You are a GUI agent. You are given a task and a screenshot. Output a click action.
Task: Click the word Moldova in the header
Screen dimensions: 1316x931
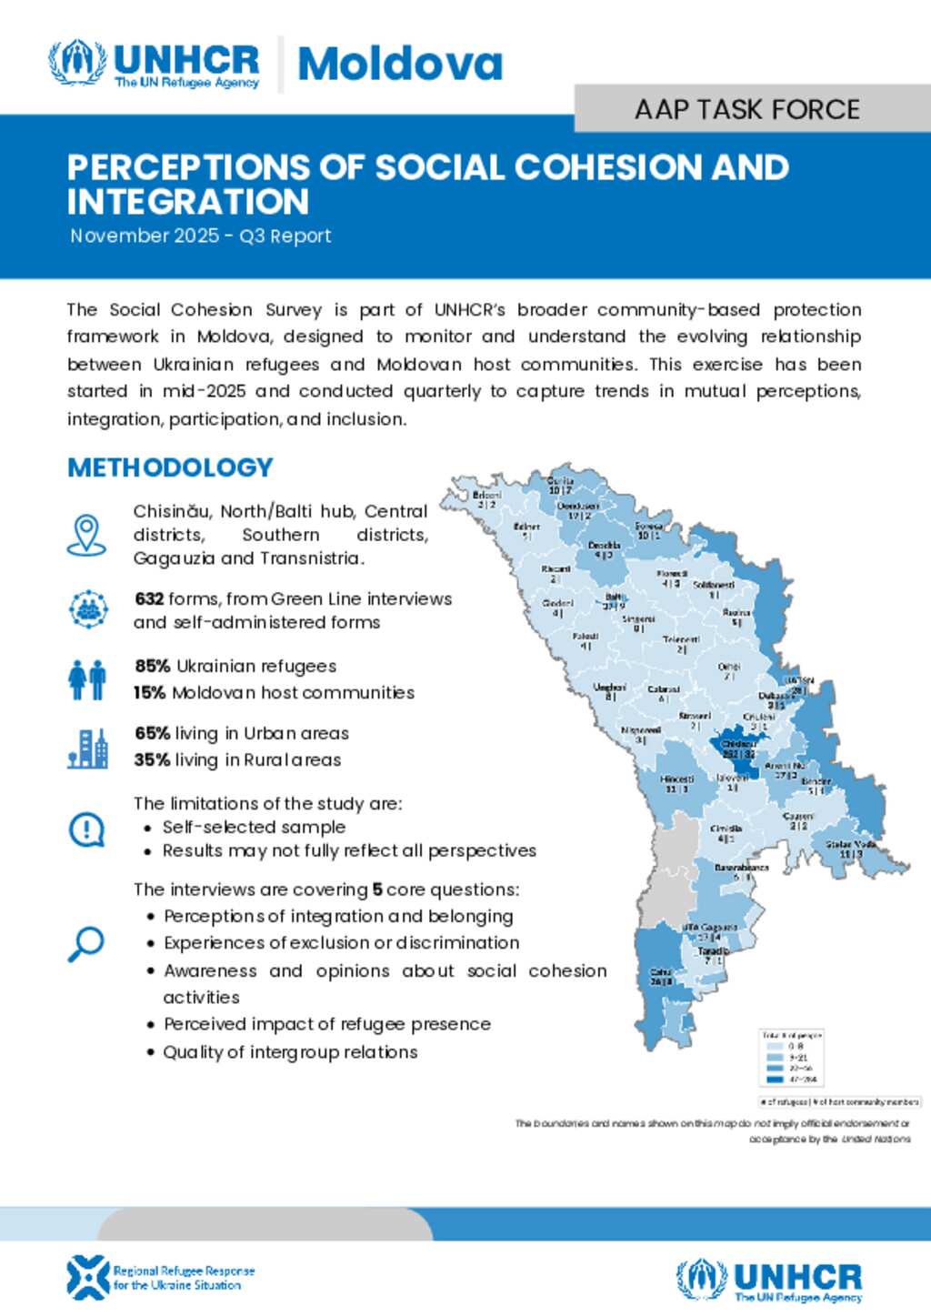coord(400,64)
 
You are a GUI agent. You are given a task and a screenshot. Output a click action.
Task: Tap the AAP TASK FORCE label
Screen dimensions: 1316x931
coord(747,109)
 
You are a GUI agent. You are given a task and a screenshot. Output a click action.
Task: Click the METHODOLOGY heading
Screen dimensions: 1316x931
coord(170,467)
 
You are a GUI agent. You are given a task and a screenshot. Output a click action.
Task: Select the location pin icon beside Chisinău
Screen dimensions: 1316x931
coord(86,534)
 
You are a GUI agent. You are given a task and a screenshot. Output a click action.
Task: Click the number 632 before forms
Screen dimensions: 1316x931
coord(149,598)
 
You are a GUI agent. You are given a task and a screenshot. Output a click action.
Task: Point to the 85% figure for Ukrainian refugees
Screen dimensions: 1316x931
coord(152,666)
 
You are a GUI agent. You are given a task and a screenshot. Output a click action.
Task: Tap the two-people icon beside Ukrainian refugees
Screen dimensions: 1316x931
coord(87,679)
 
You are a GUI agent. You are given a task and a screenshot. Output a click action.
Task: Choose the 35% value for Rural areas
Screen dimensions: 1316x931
coord(151,759)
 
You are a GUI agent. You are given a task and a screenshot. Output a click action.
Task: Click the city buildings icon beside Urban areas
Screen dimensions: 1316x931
coord(87,748)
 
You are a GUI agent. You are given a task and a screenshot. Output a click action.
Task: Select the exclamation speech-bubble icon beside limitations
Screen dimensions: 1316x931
coord(87,829)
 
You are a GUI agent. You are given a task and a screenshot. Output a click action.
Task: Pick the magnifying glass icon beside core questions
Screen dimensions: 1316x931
coord(86,944)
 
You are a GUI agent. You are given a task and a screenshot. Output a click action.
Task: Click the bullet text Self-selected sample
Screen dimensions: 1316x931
coord(254,827)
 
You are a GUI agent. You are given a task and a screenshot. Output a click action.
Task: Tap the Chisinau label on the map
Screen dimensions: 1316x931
coord(738,745)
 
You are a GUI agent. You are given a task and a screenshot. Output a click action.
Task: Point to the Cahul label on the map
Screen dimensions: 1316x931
coord(661,972)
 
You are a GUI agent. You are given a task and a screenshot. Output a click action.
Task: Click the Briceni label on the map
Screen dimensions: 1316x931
coord(487,495)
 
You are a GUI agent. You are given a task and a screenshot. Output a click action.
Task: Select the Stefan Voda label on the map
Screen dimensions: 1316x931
coord(851,845)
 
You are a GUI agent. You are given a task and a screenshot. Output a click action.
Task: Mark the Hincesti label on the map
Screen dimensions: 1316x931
coord(676,779)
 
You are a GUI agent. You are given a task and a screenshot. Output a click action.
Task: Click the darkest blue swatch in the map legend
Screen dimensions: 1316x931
coord(775,1080)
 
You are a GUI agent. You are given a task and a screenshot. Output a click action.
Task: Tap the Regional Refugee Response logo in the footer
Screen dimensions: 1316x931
coord(160,1277)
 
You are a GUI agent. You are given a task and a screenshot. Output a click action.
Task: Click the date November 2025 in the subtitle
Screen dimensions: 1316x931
coord(145,236)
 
